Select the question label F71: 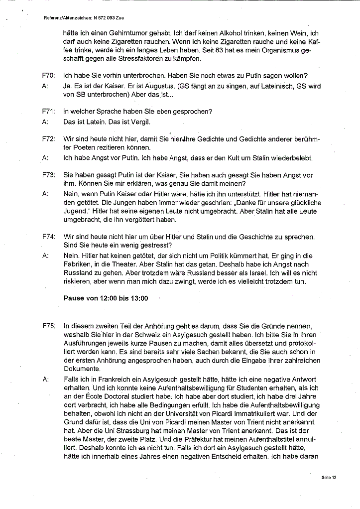(48, 111)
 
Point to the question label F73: (48, 175)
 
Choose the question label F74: (48, 237)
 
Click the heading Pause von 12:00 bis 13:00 (106, 298)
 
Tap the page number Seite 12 (329, 477)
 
